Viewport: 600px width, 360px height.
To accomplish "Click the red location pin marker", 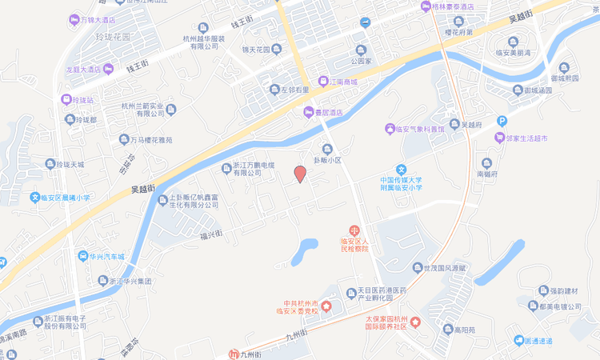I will click(300, 174).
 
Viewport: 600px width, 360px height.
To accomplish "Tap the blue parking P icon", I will click(502, 121).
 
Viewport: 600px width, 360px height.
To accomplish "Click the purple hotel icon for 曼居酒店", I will click(308, 113).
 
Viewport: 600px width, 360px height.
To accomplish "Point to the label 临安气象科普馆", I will click(421, 128).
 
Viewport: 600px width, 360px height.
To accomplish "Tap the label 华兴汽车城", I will click(106, 257).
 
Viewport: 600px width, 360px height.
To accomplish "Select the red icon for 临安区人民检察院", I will click(354, 230).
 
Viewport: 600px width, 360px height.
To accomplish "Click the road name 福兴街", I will click(211, 234).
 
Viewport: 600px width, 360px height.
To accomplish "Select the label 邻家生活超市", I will click(526, 138).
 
